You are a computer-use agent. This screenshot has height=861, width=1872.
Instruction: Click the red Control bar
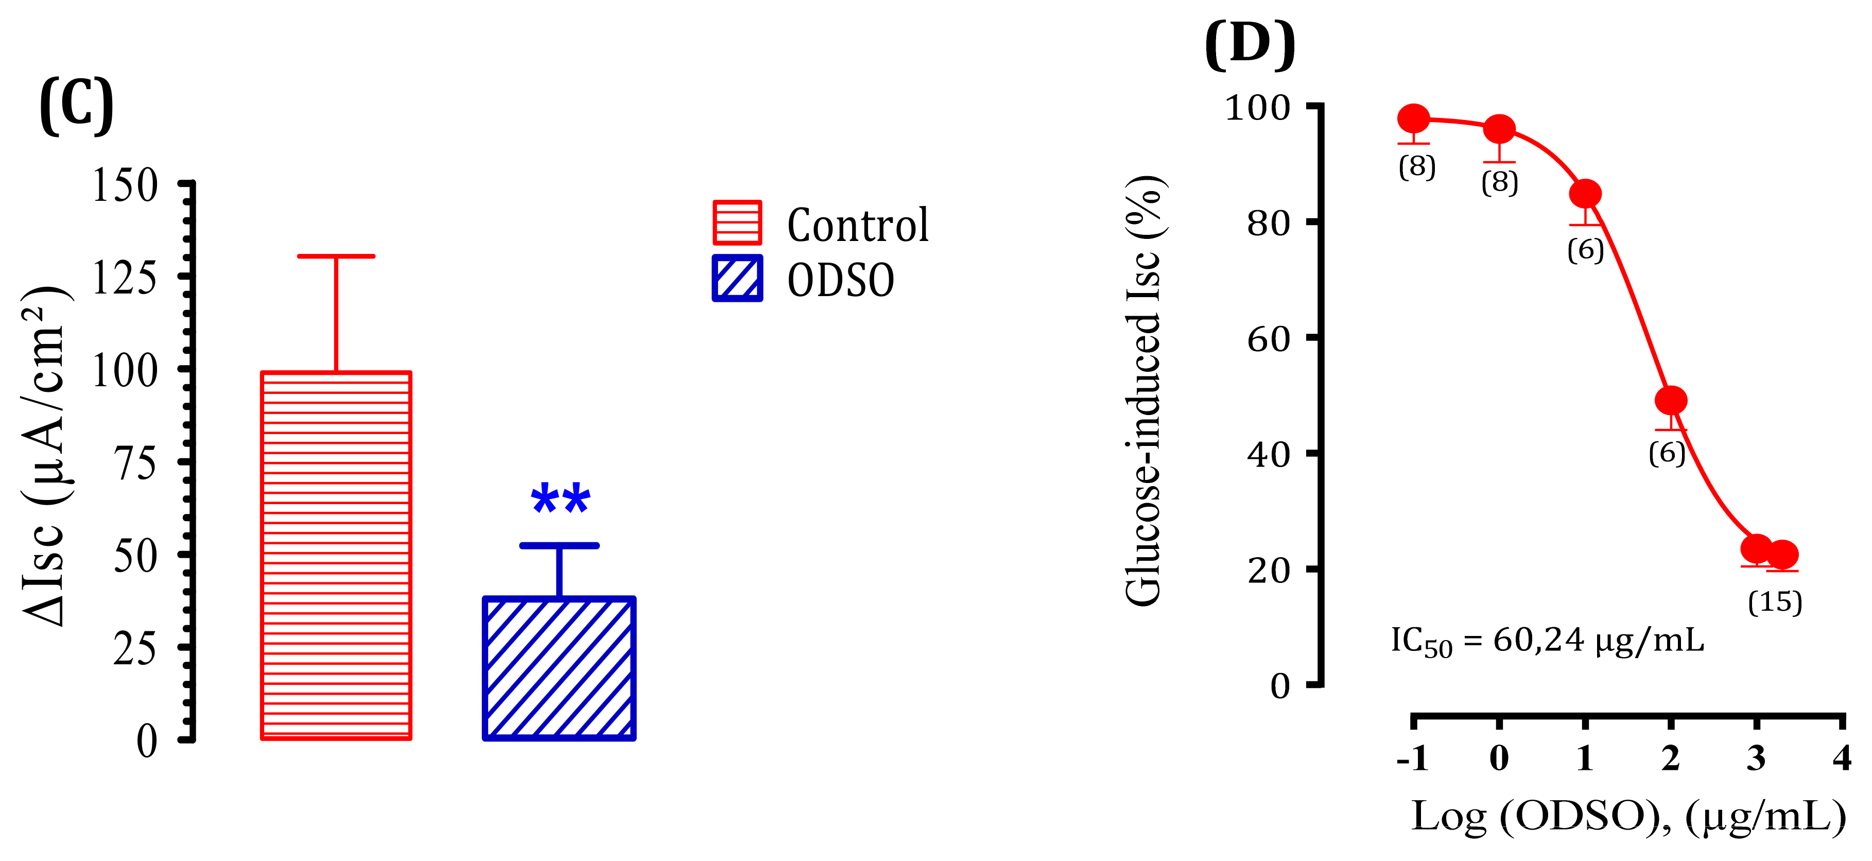coord(336,556)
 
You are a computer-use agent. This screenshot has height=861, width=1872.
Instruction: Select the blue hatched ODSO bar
coord(559,668)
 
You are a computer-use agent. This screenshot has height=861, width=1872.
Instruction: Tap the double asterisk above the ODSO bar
coord(560,500)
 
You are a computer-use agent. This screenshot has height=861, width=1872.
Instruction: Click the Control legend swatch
coord(737,222)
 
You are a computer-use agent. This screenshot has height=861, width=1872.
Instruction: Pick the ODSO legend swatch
coord(737,278)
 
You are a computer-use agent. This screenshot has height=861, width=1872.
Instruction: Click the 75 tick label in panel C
coord(135,463)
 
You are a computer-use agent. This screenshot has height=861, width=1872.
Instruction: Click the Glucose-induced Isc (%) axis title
coord(1144,391)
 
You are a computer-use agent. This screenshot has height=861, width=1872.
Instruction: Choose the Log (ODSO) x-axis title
coord(1628,817)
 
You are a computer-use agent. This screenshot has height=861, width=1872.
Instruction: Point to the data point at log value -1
coord(1413,119)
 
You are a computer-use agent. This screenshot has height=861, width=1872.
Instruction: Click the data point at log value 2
coord(1671,400)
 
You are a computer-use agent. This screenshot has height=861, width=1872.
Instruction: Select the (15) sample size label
coord(1775,602)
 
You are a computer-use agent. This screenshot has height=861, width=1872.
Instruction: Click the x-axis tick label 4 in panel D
coord(1842,758)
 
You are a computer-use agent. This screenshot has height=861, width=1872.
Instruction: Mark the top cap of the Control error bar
coord(336,256)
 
